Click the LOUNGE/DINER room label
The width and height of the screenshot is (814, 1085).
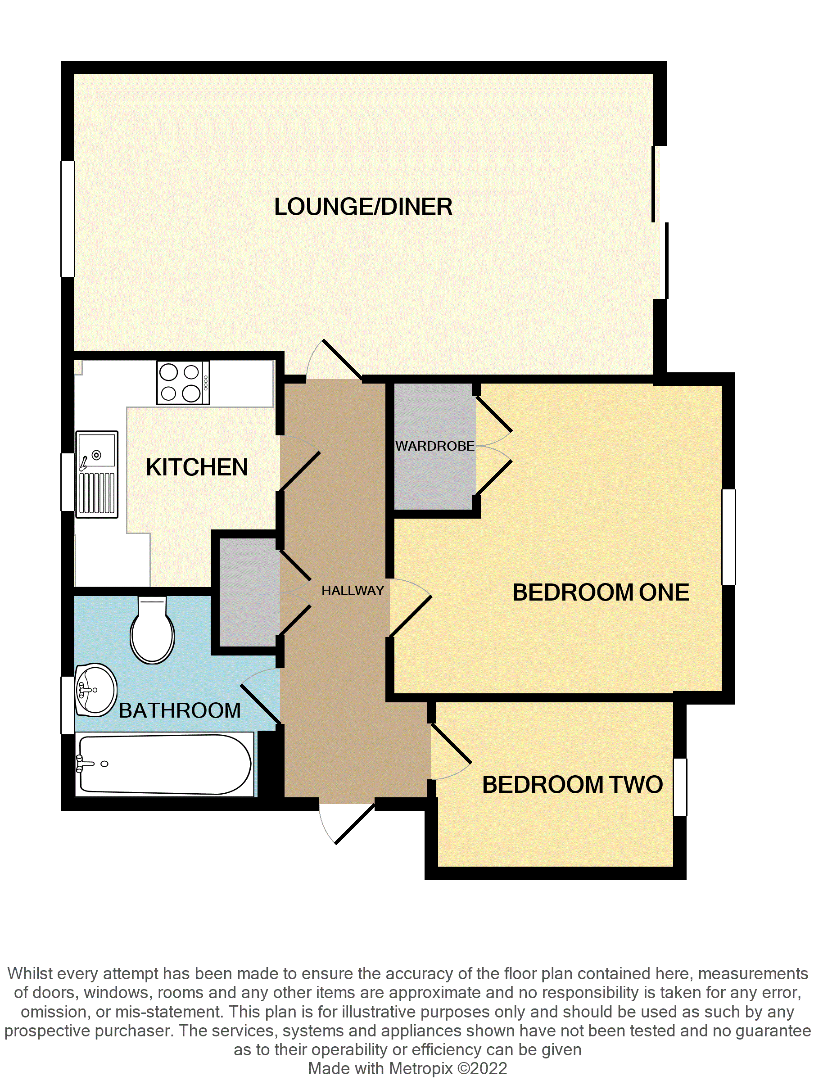(363, 207)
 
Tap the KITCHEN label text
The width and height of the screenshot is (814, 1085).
(197, 467)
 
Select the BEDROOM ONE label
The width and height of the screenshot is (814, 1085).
(600, 592)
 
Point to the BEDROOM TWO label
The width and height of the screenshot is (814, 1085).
(572, 784)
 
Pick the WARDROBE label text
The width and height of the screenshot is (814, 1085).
(435, 446)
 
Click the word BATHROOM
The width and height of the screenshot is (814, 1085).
(180, 710)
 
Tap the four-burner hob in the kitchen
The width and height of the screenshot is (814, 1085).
(182, 383)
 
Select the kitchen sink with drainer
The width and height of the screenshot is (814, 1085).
(97, 474)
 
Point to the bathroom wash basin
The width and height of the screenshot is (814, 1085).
(96, 690)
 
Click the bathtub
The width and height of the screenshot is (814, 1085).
(165, 764)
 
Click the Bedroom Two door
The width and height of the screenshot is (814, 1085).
(450, 752)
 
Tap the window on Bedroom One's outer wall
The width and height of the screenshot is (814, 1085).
(729, 537)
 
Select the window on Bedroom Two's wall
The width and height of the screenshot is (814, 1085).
(679, 787)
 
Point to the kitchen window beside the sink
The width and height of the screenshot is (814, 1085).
(67, 482)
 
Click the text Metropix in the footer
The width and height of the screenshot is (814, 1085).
(421, 1068)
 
